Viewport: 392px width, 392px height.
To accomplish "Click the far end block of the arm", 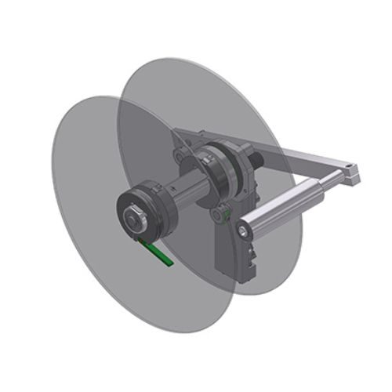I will click(x=350, y=175).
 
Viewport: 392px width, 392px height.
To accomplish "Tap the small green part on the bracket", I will click(x=225, y=209).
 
